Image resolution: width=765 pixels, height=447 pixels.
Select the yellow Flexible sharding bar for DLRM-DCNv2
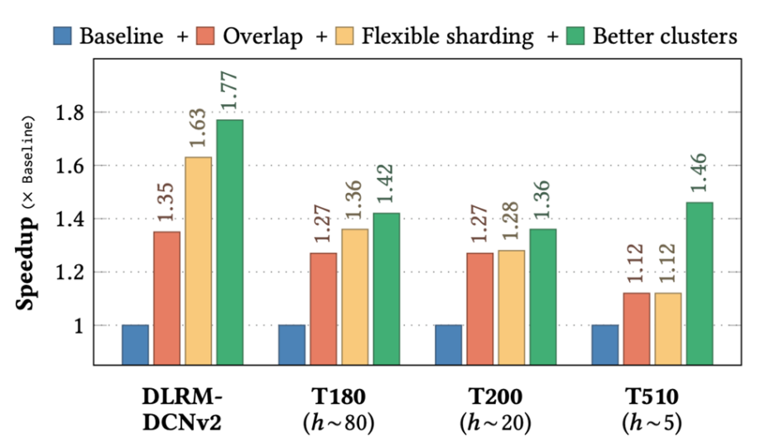coord(198,261)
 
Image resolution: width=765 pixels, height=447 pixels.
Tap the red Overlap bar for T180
coord(323,309)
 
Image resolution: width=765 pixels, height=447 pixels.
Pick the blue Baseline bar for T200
coord(448,344)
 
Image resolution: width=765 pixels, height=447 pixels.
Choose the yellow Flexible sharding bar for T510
coord(667,329)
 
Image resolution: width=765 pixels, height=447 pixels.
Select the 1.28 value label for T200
coord(511,220)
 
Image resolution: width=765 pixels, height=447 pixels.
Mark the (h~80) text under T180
coord(338,422)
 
